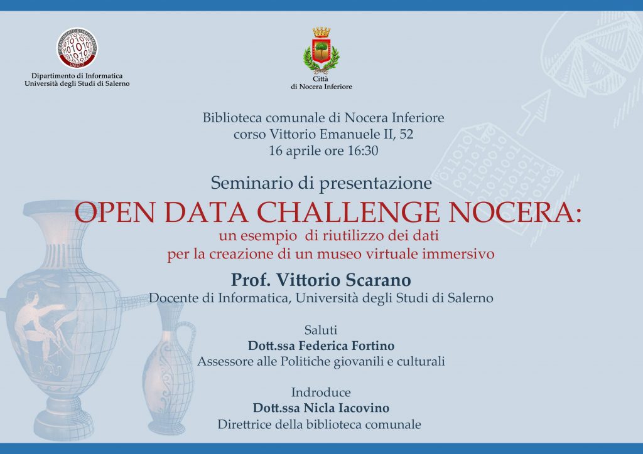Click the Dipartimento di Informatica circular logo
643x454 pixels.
click(77, 48)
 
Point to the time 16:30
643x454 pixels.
click(362, 150)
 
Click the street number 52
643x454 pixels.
click(406, 134)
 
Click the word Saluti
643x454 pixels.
click(321, 330)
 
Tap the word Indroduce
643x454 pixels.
click(321, 393)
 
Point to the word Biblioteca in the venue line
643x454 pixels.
click(232, 118)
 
